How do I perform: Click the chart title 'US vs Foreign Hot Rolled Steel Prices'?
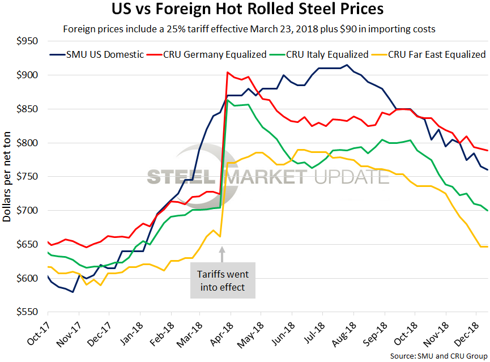(x=245, y=10)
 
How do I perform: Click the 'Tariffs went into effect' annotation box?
(x=223, y=280)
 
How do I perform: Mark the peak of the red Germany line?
(x=227, y=73)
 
